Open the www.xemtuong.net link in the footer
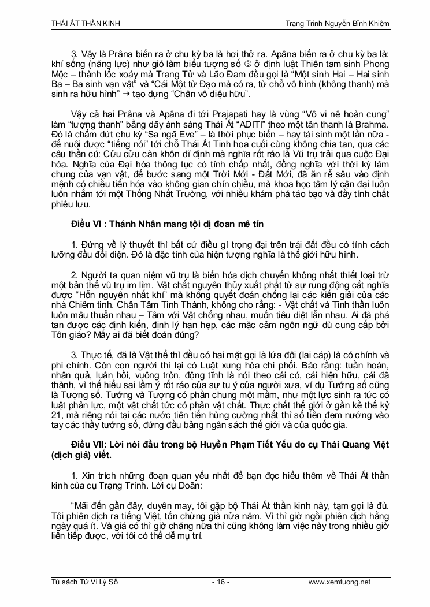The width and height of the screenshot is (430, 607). pyautogui.click(x=339, y=582)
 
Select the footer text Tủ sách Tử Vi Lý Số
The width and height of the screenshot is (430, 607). pyautogui.click(x=84, y=582)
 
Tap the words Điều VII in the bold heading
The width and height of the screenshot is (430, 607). pyautogui.click(x=85, y=444)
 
